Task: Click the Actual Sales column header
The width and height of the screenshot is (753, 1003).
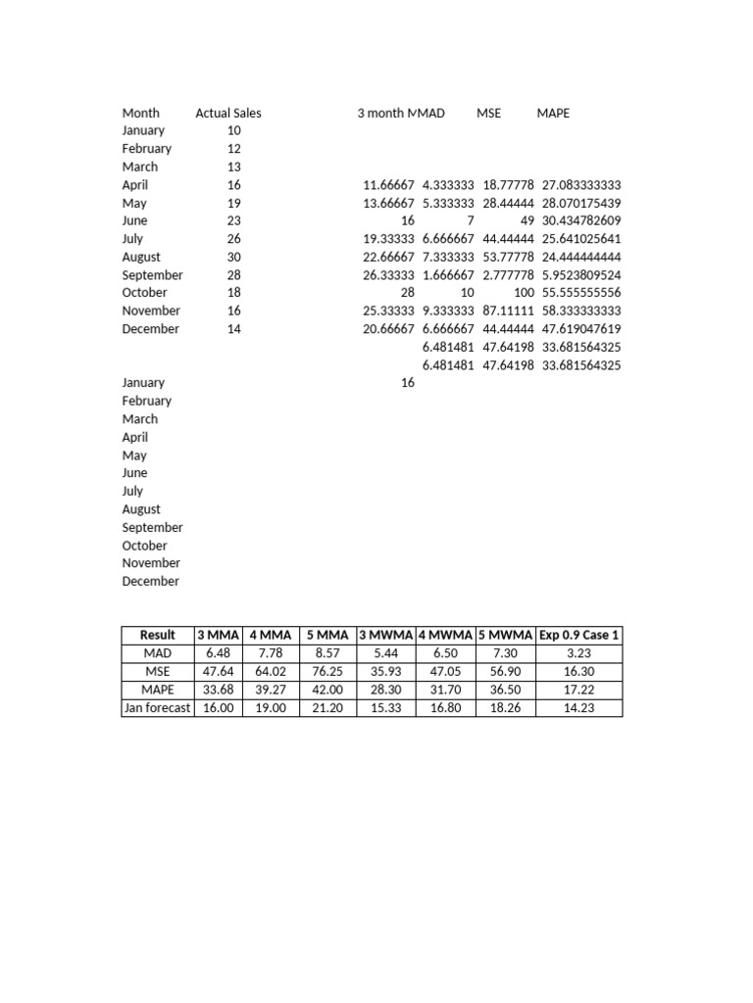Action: pos(228,113)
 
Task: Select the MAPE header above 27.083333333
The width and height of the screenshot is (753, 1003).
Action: pos(553,113)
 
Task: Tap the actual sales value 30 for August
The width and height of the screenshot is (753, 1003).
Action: pos(233,257)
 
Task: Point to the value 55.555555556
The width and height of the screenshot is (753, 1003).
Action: pos(580,293)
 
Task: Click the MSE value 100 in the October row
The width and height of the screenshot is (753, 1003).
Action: pos(524,293)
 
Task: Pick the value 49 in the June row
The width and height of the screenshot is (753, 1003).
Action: pos(527,220)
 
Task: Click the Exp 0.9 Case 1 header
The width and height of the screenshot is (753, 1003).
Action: pos(578,635)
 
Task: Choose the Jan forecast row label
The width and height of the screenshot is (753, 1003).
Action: pos(157,708)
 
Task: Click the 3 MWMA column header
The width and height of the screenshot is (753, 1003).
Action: pos(386,635)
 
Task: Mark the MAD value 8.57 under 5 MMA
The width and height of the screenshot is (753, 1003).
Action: pos(328,652)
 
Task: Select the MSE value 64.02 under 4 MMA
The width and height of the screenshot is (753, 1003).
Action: pos(272,671)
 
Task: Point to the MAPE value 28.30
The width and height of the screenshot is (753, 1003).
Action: pos(386,690)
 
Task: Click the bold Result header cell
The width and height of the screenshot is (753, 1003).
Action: pos(157,635)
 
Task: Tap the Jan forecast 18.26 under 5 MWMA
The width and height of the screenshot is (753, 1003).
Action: pos(506,708)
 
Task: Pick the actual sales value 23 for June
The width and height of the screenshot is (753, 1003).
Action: pos(233,220)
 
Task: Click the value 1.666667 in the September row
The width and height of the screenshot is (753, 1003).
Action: pos(448,275)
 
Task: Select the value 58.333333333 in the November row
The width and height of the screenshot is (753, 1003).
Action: pos(580,311)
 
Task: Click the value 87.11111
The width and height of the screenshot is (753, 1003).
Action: pos(508,311)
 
